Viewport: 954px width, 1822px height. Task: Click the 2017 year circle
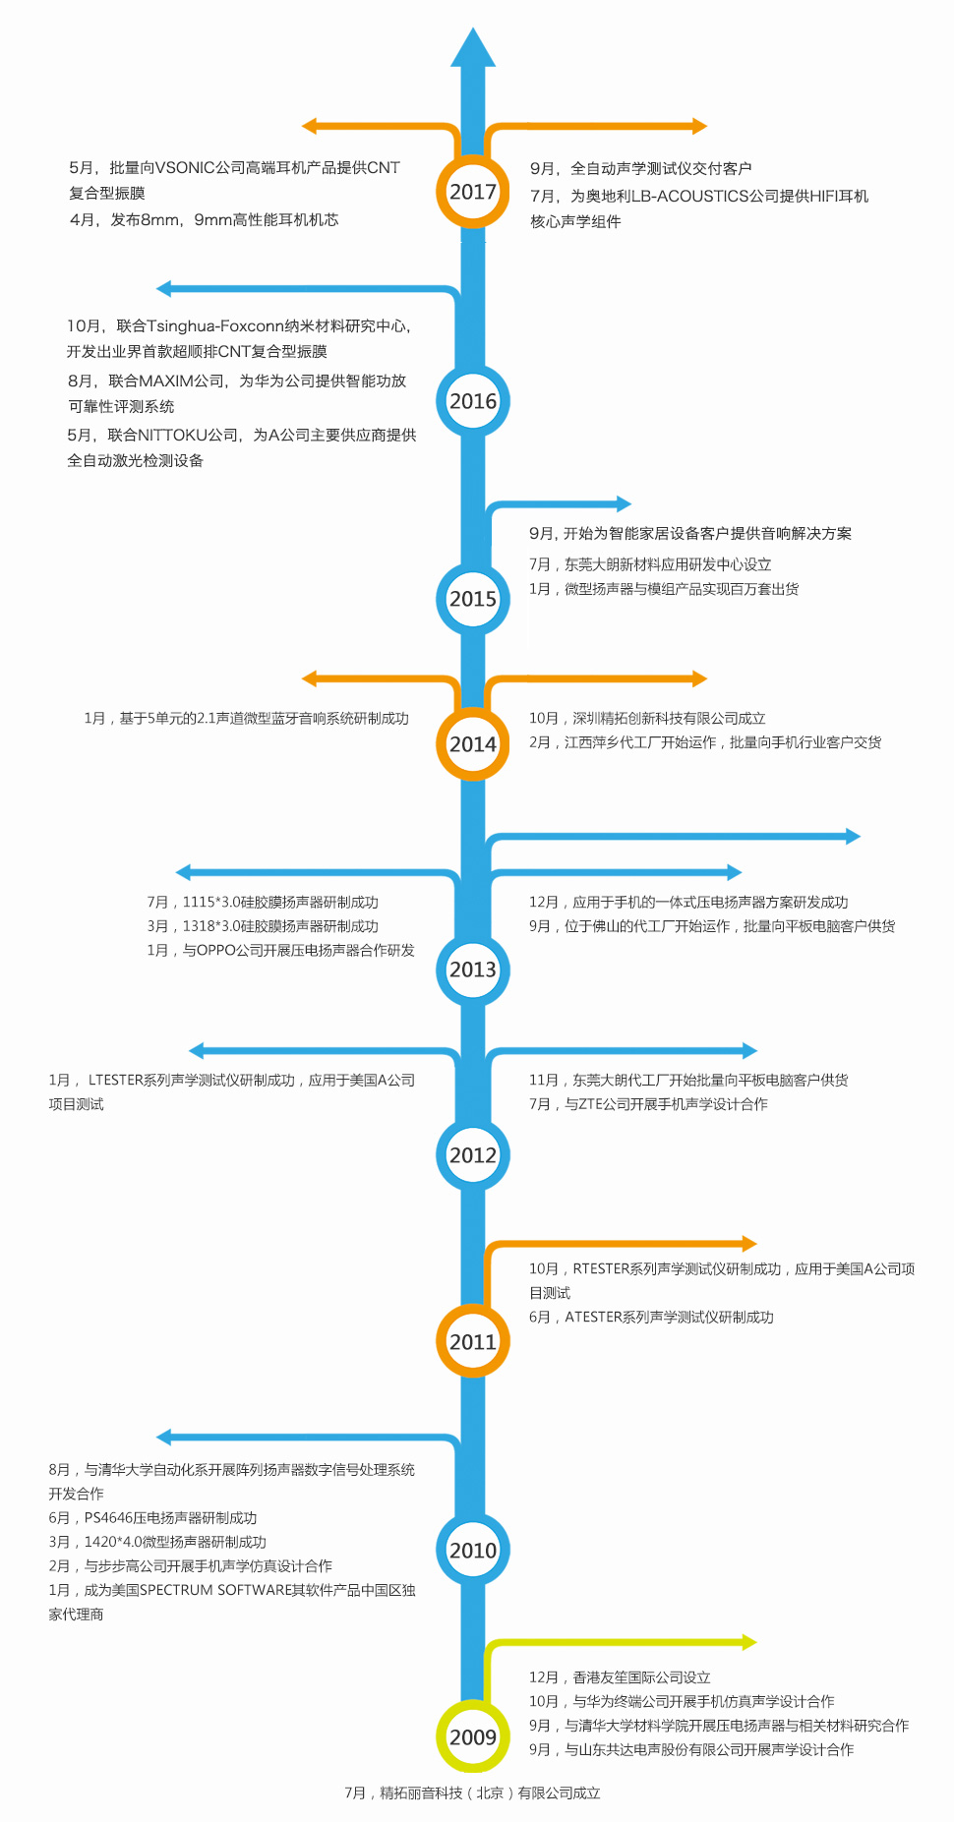pos(472,192)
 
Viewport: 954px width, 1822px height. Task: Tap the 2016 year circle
pos(472,401)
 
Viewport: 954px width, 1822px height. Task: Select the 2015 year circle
pos(472,599)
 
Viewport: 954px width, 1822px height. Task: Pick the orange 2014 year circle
pos(472,744)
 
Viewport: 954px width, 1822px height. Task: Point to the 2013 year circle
pos(472,970)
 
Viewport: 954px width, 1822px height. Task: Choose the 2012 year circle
pos(472,1155)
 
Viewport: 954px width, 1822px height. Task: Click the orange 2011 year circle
pos(472,1341)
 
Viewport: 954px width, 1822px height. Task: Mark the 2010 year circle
pos(472,1551)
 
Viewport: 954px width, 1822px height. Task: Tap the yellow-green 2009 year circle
pos(472,1737)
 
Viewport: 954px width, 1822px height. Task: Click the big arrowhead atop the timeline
pos(472,49)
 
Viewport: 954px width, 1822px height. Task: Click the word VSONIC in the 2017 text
pos(185,168)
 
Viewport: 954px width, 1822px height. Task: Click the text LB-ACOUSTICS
pos(689,197)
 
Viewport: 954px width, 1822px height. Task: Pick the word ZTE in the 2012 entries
pos(590,1104)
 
